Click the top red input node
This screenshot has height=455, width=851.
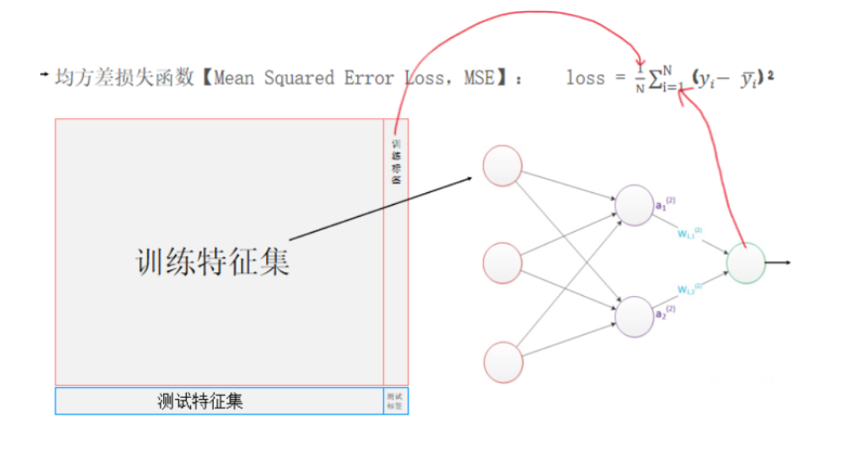(x=502, y=166)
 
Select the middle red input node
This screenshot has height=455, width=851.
(x=502, y=263)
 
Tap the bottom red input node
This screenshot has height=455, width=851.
(x=502, y=361)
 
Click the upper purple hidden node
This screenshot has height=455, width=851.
(x=634, y=205)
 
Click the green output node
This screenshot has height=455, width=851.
(x=746, y=264)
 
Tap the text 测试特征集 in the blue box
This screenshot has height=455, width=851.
(x=200, y=401)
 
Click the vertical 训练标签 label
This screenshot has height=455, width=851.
(x=396, y=162)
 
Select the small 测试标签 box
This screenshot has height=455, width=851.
(x=395, y=401)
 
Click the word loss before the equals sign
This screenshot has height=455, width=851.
(x=585, y=78)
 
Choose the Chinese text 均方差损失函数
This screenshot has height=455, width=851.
(x=124, y=78)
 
